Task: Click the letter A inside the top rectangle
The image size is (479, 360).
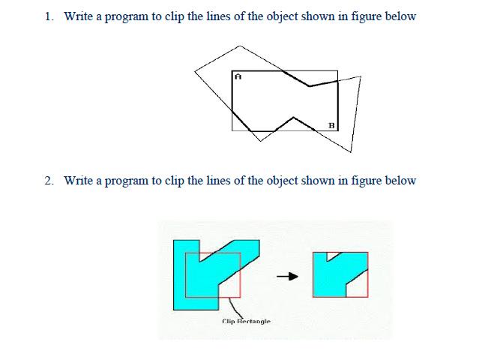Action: [x=238, y=76]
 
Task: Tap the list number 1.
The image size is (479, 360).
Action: [x=49, y=16]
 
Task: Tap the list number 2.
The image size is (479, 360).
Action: [x=49, y=181]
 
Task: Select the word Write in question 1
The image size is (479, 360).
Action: [x=78, y=16]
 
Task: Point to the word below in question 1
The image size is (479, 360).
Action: [x=400, y=16]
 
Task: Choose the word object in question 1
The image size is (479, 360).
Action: [x=283, y=16]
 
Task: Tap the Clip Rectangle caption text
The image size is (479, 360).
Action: [x=247, y=321]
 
